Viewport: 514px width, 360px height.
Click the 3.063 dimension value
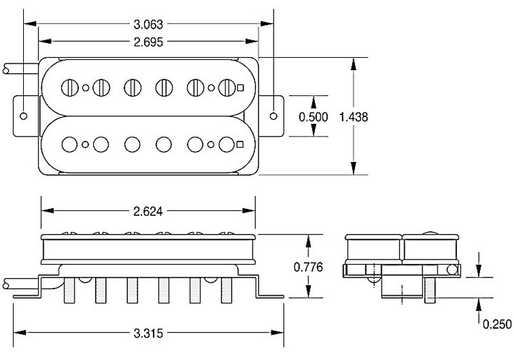(x=148, y=25)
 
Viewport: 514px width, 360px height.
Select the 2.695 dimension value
(x=148, y=42)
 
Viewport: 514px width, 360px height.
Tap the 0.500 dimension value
(x=314, y=117)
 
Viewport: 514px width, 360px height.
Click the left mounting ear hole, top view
(x=24, y=116)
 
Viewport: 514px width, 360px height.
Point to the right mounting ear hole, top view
(x=274, y=116)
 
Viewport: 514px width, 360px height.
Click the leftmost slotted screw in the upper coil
(x=69, y=86)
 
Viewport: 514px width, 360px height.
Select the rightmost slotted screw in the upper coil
(x=227, y=86)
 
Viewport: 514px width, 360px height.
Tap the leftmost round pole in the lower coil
(x=69, y=143)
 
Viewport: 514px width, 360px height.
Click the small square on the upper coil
(x=241, y=87)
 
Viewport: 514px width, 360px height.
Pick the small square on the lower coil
(x=241, y=143)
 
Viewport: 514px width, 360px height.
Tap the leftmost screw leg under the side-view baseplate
(x=69, y=290)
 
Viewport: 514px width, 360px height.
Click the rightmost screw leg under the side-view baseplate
(x=227, y=290)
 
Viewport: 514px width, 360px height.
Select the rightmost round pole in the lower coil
(x=227, y=143)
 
